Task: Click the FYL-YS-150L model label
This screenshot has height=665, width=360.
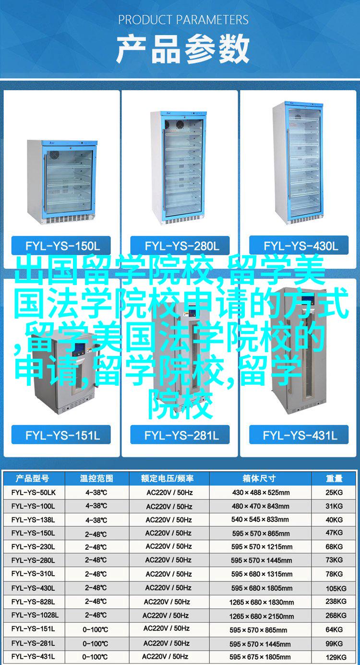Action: click(x=61, y=246)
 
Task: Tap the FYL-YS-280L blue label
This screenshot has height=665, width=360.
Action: click(x=180, y=246)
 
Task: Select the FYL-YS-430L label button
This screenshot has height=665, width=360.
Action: click(x=299, y=246)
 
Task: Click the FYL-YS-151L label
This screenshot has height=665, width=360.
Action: click(x=61, y=435)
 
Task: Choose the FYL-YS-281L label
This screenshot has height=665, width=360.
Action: click(x=180, y=435)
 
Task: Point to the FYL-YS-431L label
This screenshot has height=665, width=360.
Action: click(x=299, y=435)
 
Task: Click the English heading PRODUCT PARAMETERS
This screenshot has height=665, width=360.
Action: click(x=183, y=20)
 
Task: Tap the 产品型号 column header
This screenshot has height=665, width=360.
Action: click(x=32, y=478)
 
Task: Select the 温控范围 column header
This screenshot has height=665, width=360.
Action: click(x=96, y=478)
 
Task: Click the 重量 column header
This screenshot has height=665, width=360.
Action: click(x=334, y=478)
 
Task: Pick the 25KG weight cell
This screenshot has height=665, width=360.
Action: click(x=334, y=493)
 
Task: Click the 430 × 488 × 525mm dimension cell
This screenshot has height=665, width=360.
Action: click(x=261, y=493)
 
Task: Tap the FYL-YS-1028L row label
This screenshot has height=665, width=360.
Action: click(x=35, y=615)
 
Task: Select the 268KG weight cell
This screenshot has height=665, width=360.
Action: click(x=336, y=615)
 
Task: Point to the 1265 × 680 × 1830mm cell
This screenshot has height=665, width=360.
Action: click(x=262, y=602)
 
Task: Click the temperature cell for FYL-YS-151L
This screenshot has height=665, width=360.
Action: click(x=96, y=629)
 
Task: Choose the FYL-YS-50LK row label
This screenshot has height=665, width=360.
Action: click(x=33, y=493)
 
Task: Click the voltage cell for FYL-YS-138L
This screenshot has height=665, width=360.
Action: click(x=168, y=520)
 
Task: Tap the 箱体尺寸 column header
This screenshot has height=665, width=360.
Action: click(x=259, y=478)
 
